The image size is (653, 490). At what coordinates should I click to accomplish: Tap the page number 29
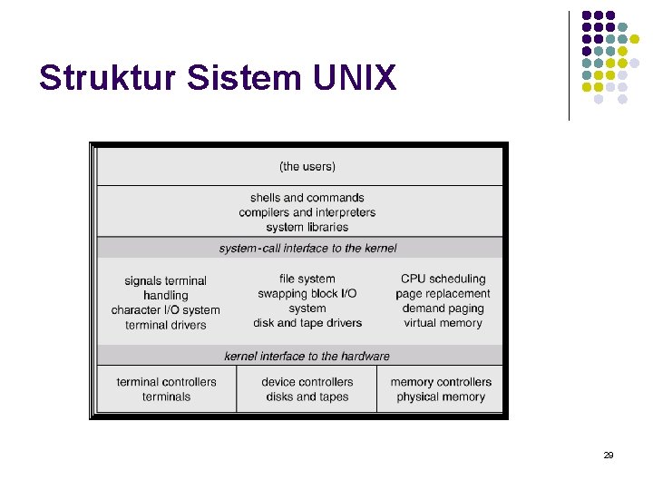click(x=608, y=455)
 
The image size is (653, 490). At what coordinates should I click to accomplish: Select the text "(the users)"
click(x=307, y=166)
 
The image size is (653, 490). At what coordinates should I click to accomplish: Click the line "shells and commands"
click(x=307, y=198)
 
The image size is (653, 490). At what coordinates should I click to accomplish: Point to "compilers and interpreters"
click(x=307, y=212)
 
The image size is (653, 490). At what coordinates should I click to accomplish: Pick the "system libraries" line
click(x=307, y=227)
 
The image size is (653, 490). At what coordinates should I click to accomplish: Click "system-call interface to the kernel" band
click(x=307, y=248)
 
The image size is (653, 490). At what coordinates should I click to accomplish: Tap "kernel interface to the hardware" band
click(x=307, y=356)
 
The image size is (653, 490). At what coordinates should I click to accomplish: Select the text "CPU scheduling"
click(x=443, y=279)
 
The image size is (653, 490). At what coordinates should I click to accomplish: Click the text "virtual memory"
click(x=443, y=323)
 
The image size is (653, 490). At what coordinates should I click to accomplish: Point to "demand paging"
click(x=443, y=309)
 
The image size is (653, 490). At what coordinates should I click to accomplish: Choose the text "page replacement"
click(x=443, y=294)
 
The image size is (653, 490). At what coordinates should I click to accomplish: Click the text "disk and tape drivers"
click(x=307, y=323)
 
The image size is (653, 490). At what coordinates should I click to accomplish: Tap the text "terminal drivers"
click(x=166, y=325)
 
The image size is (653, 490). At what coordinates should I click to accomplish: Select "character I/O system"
click(x=166, y=310)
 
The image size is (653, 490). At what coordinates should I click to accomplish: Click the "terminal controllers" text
click(x=167, y=382)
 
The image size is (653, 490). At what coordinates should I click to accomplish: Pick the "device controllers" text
click(x=307, y=382)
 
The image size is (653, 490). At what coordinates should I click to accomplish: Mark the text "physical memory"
click(x=442, y=397)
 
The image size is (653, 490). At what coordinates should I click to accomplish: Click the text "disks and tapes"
click(x=307, y=397)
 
